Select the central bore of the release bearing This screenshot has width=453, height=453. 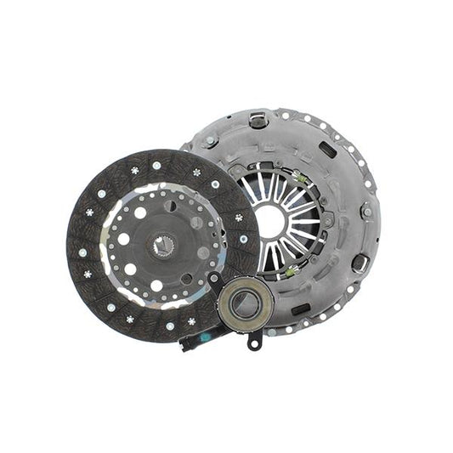click(244, 303)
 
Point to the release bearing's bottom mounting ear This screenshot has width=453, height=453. click(252, 342)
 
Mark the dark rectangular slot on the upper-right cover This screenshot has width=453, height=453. click(327, 151)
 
